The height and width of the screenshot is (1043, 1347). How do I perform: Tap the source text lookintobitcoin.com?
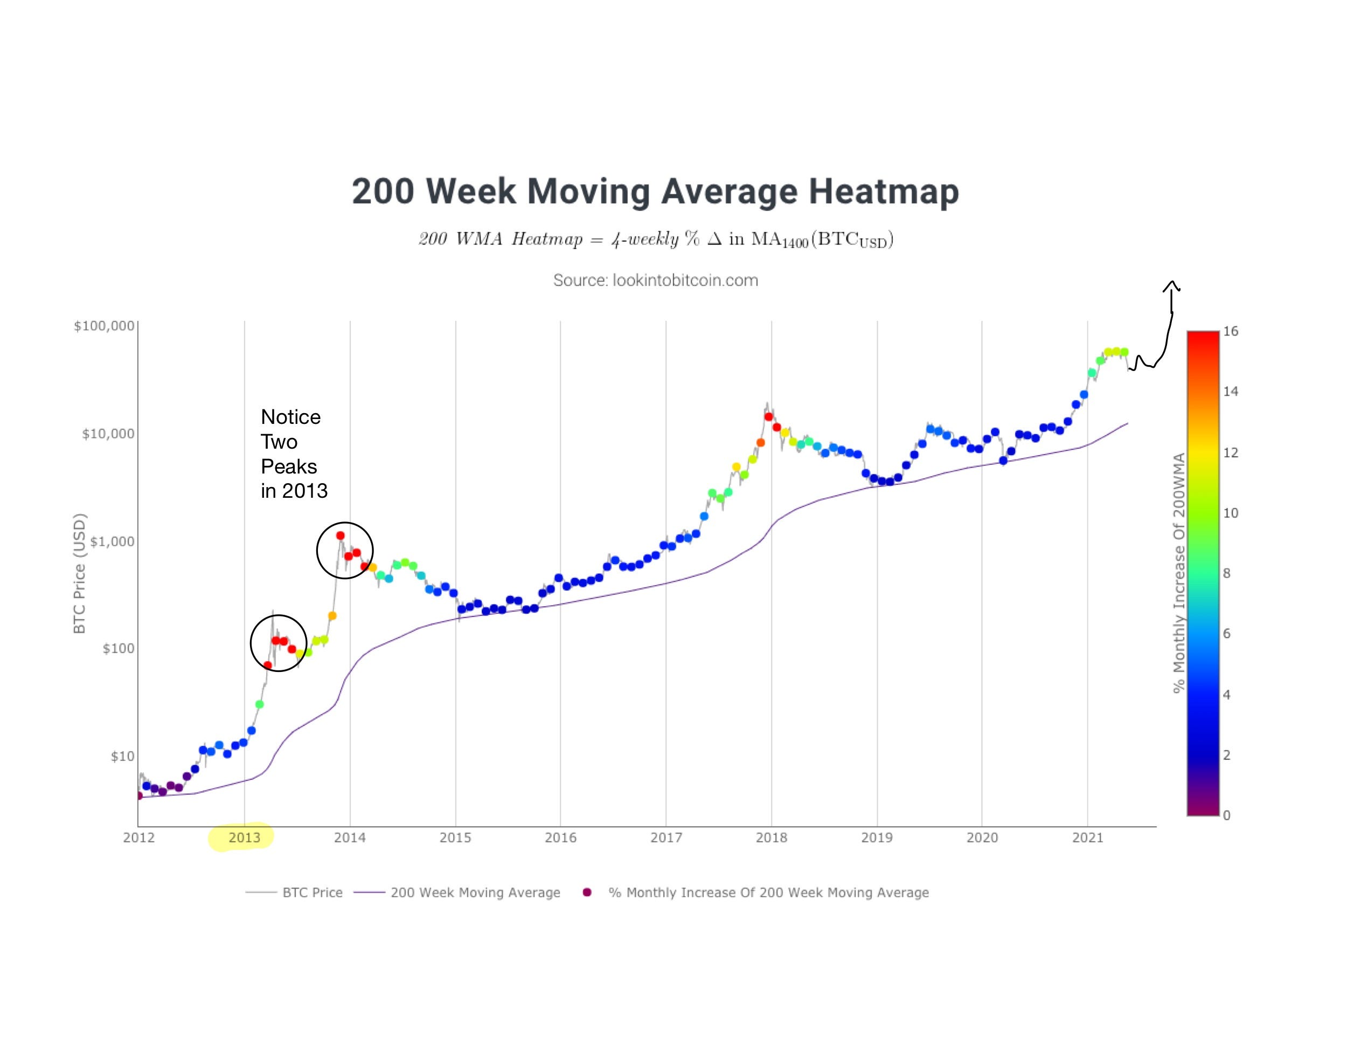point(655,280)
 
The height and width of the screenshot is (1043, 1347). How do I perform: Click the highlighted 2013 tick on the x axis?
point(244,838)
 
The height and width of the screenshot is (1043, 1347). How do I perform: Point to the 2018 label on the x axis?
point(771,838)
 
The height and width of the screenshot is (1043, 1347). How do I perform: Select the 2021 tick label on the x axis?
point(1087,838)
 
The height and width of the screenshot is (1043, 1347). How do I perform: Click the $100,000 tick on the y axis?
point(103,326)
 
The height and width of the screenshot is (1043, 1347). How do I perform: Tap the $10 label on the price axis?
point(122,756)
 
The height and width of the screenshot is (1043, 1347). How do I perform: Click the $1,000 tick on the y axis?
point(112,541)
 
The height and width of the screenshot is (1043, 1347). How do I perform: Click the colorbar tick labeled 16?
point(1231,332)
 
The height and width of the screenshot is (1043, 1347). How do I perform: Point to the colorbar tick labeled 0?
point(1227,815)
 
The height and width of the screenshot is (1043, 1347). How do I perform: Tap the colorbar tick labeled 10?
point(1231,513)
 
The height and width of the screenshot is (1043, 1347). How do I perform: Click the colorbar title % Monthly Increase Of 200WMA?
point(1179,573)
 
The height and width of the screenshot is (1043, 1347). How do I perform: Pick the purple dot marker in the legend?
point(587,893)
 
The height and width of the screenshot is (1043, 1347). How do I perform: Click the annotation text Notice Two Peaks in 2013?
point(293,454)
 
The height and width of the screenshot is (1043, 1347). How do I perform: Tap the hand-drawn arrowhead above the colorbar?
point(1171,286)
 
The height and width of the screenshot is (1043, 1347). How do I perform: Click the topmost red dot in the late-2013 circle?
point(341,536)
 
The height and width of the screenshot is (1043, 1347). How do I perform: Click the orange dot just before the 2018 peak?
point(760,443)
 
